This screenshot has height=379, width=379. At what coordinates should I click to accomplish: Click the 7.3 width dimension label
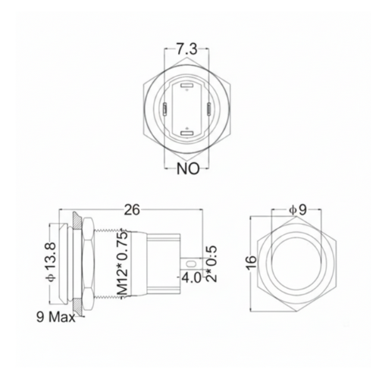pyautogui.click(x=187, y=49)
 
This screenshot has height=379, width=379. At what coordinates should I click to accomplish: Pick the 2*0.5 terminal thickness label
pyautogui.click(x=213, y=262)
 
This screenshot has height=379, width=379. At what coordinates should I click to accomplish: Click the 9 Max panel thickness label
pyautogui.click(x=52, y=317)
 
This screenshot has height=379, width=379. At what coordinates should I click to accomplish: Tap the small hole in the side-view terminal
pyautogui.click(x=189, y=263)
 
